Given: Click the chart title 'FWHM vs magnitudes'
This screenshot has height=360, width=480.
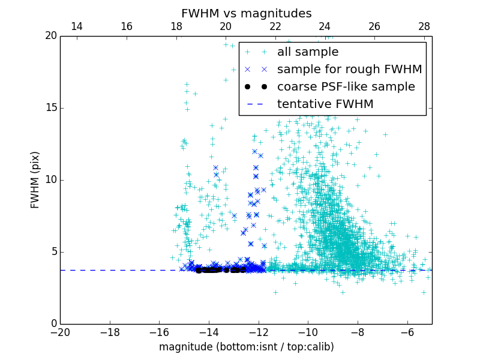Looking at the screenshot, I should tap(246, 13).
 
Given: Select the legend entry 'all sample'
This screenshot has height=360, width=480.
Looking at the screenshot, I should tap(307, 52).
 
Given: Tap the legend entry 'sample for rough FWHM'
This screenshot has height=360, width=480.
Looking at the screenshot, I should tap(349, 70).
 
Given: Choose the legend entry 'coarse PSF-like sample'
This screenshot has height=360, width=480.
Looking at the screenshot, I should tap(346, 87).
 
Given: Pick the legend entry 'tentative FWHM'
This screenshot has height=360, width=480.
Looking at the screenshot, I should tap(325, 104).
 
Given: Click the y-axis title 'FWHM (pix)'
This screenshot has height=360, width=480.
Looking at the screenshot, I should tap(35, 180).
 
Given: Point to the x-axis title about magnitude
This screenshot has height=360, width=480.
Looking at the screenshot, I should tap(246, 347).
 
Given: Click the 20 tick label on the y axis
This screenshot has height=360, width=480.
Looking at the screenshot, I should tap(50, 36).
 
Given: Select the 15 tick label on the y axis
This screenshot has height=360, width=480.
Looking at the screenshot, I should tap(50, 108).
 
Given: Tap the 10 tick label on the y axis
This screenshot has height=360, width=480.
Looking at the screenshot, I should tap(50, 180).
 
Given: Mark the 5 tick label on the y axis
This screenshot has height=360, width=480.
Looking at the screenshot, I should tap(53, 252).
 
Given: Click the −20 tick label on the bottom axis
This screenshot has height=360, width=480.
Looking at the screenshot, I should tap(60, 332).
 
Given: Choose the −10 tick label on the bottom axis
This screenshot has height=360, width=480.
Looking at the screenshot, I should tap(308, 332).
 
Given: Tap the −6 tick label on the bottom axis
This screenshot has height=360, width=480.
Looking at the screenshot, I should tap(407, 332).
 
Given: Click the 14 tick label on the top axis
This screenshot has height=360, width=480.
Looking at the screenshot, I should tap(77, 26).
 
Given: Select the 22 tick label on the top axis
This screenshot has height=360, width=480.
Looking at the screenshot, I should tap(275, 26).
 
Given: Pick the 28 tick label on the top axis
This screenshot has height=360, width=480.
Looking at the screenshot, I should tap(424, 26).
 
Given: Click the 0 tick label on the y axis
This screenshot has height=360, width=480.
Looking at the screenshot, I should tap(53, 324).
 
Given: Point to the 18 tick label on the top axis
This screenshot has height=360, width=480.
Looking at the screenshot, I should tap(176, 26).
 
